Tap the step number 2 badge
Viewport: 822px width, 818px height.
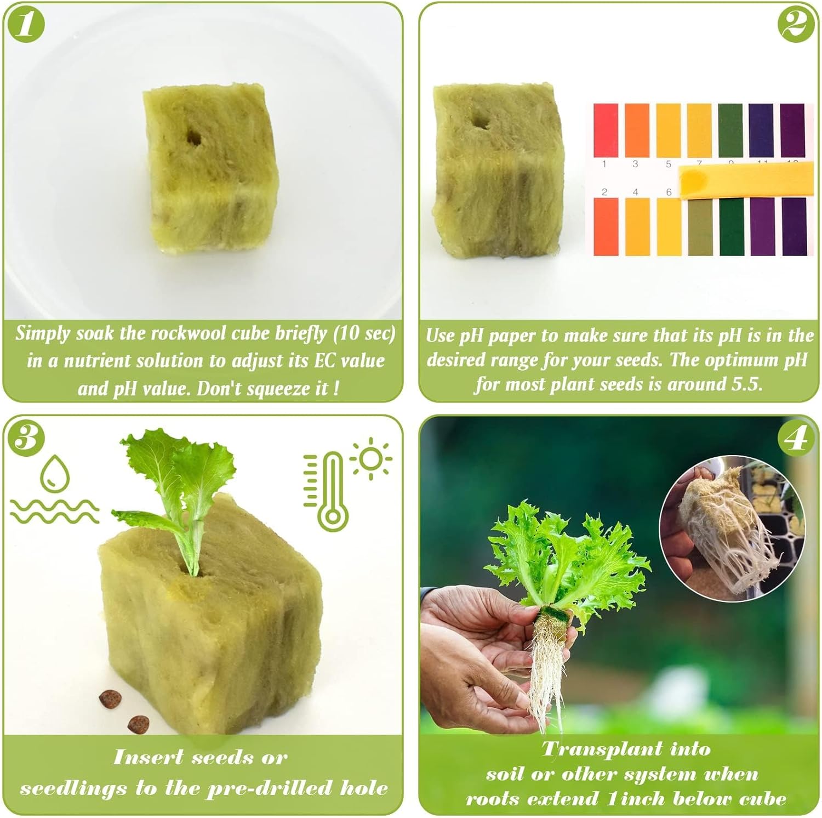pos(795,24)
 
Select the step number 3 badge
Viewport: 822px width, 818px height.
pos(25,439)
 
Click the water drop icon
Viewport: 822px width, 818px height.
pos(55,473)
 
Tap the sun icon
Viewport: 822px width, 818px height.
pos(371,459)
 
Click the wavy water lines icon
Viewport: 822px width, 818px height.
pos(55,512)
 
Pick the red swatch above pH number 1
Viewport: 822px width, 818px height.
pos(606,129)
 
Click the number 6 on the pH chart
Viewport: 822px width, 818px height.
pos(669,192)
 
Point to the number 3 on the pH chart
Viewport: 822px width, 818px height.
pos(635,163)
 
